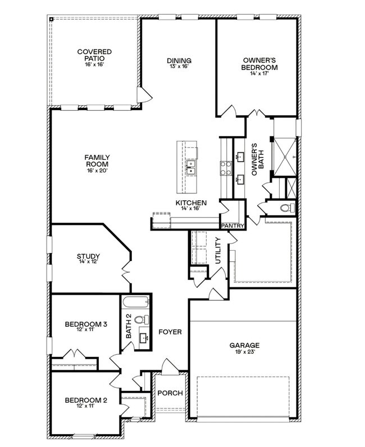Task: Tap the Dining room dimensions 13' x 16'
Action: click(x=179, y=66)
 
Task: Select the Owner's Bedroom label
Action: click(x=259, y=64)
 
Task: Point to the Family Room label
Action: click(x=97, y=161)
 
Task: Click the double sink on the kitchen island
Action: click(x=190, y=167)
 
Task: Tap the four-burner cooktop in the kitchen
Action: click(x=226, y=168)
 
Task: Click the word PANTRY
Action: click(x=233, y=226)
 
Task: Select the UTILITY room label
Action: click(x=218, y=251)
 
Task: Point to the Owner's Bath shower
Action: click(x=285, y=156)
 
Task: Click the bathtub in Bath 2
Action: click(x=135, y=302)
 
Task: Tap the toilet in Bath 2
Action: click(x=142, y=319)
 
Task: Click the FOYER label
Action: click(x=170, y=332)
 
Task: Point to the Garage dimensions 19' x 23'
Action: click(x=245, y=352)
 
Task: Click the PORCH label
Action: click(x=170, y=393)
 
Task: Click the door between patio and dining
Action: click(x=144, y=95)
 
